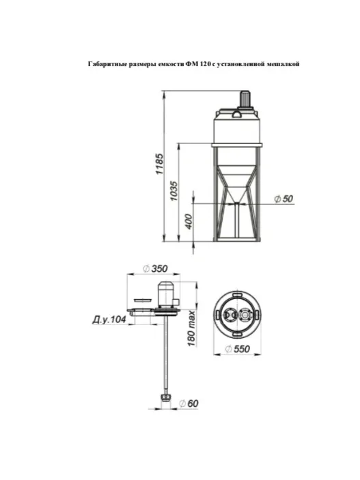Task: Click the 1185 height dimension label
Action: pyautogui.click(x=160, y=164)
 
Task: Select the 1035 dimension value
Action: pyautogui.click(x=174, y=191)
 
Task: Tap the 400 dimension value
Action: pyautogui.click(x=189, y=221)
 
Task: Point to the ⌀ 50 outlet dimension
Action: pyautogui.click(x=283, y=199)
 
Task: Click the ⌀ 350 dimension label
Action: pyautogui.click(x=155, y=268)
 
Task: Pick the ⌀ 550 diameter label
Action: pyautogui.click(x=237, y=349)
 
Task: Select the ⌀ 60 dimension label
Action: pyautogui.click(x=189, y=404)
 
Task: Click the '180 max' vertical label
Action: pyautogui.click(x=191, y=328)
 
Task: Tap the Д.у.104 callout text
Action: pyautogui.click(x=109, y=320)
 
